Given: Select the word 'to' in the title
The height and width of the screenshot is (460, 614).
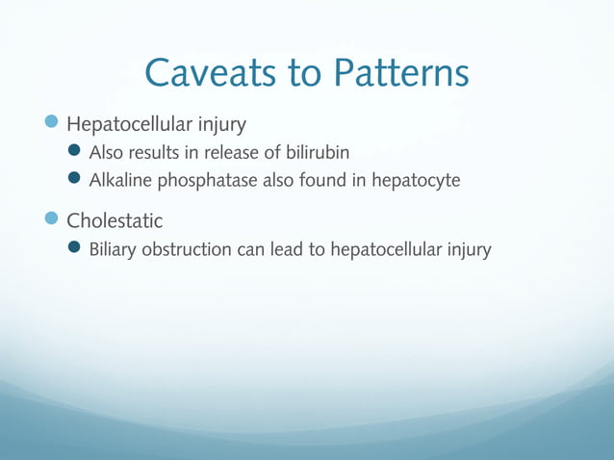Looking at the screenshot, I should [x=306, y=75].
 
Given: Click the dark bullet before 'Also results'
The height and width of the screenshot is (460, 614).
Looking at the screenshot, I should [x=78, y=152].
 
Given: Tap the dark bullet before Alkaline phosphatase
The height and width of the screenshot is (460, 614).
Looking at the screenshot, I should [x=78, y=179].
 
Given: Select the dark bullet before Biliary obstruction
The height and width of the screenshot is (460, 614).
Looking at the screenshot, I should [x=78, y=249].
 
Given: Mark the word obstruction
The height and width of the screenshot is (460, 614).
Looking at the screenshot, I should [x=189, y=249].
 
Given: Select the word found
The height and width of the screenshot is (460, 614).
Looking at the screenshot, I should [x=320, y=179].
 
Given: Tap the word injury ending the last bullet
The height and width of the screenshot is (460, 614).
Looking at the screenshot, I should [x=469, y=250].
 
